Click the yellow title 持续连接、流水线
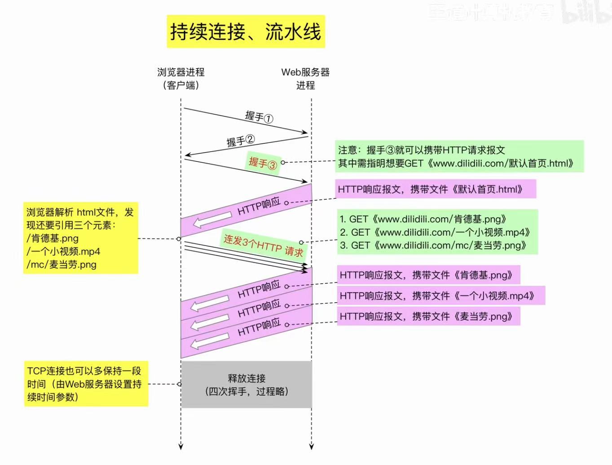(246, 31)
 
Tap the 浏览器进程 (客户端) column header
(181, 78)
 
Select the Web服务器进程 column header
(305, 78)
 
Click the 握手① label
(259, 117)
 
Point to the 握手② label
(240, 141)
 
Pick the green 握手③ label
(263, 163)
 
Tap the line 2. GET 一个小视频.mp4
(435, 232)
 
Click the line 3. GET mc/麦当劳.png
(433, 245)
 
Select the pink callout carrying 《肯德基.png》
(428, 275)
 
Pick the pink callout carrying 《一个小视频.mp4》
(440, 295)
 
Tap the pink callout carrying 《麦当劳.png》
(428, 316)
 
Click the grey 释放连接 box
(247, 385)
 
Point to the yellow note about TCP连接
(86, 384)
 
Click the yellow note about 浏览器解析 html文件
(80, 238)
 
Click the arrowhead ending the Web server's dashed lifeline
(312, 446)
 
